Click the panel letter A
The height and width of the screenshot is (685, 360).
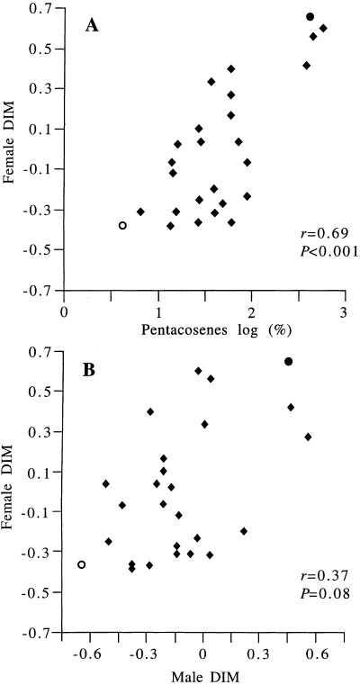[x=92, y=27]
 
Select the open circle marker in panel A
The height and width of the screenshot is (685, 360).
[x=122, y=225]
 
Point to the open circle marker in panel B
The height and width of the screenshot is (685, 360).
[x=82, y=564]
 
